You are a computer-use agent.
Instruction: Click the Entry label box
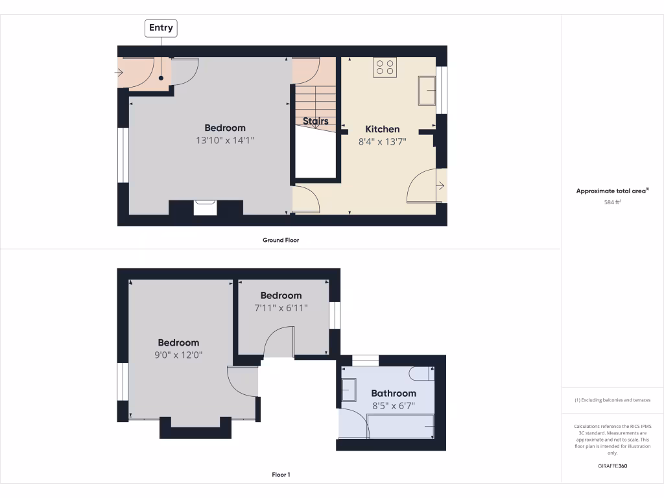pos(161,28)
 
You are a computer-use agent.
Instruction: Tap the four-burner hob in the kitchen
pos(385,68)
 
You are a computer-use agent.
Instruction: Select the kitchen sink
pos(427,90)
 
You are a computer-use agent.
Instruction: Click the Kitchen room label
pos(383,129)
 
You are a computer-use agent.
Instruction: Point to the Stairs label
pos(316,121)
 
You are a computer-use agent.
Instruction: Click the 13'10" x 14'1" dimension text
pos(225,140)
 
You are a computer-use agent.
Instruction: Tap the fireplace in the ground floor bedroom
pos(206,207)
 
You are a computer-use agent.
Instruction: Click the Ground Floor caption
pos(281,240)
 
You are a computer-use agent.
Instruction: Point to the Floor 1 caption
pos(281,475)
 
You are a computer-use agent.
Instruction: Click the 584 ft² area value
pos(613,202)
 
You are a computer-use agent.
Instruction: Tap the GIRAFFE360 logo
pos(613,466)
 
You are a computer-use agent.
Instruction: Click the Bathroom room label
pos(394,393)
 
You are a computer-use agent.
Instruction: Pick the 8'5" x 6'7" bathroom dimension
pos(394,406)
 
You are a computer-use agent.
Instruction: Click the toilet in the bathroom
pos(420,373)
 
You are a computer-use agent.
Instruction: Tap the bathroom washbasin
pos(348,390)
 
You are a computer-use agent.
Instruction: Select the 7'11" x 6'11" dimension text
pos(281,307)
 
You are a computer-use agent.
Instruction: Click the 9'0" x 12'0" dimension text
pos(178,355)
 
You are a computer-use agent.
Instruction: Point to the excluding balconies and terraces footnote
pos(613,400)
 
